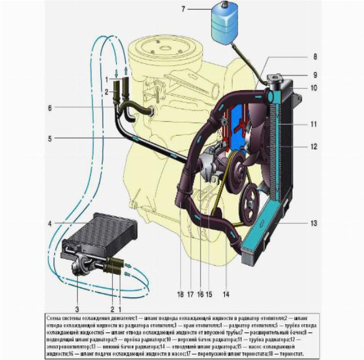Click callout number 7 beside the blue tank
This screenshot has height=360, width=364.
coord(183,9)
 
